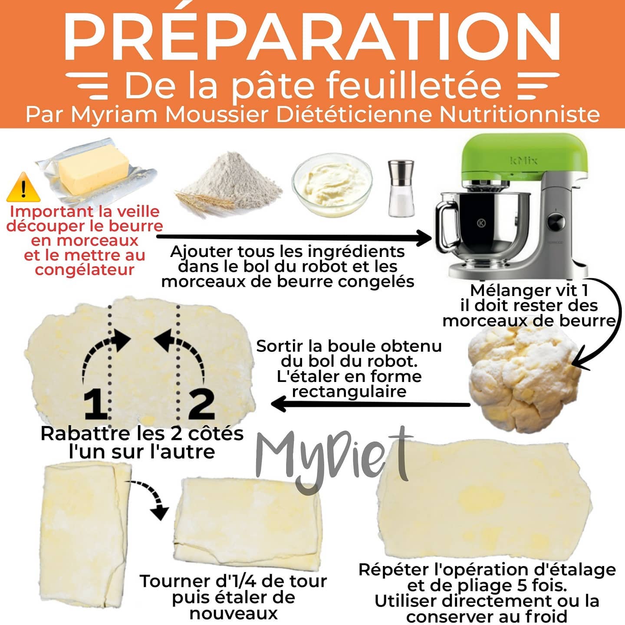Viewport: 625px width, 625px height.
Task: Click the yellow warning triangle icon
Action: (x=23, y=188)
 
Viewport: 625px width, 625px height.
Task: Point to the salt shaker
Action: (x=401, y=188)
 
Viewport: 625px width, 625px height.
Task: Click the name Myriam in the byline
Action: (x=114, y=115)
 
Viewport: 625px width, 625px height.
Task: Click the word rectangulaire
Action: (x=349, y=391)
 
